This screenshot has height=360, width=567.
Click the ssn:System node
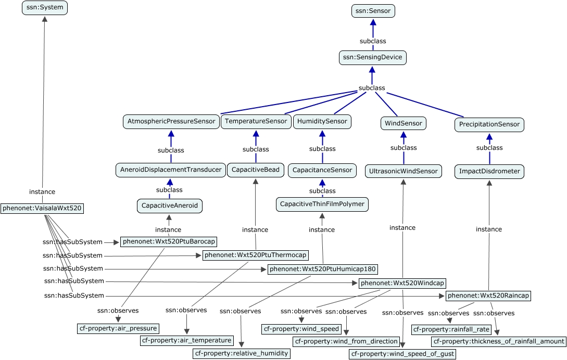(x=45, y=8)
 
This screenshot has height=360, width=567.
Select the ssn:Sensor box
(x=373, y=10)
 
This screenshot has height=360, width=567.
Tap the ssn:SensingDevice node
(x=372, y=57)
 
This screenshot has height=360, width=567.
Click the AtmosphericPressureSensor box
(x=171, y=122)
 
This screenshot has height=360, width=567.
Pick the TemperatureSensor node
(x=256, y=121)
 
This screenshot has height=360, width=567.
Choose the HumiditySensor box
(x=322, y=122)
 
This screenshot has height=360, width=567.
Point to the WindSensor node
(x=403, y=123)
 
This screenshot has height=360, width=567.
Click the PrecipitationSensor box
(x=489, y=124)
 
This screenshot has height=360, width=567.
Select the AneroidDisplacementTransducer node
(x=170, y=170)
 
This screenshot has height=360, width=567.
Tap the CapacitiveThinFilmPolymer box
(x=322, y=204)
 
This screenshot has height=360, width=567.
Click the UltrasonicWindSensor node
(x=403, y=171)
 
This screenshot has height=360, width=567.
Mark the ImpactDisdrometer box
(x=489, y=171)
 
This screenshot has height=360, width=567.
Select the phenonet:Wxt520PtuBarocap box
(x=168, y=241)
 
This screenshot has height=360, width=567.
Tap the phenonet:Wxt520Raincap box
(x=488, y=295)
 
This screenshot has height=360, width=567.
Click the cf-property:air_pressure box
(x=118, y=328)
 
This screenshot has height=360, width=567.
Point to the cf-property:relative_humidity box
(x=241, y=353)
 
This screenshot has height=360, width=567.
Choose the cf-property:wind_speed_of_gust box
(x=403, y=354)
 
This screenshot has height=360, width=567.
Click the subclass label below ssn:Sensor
(x=373, y=41)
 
